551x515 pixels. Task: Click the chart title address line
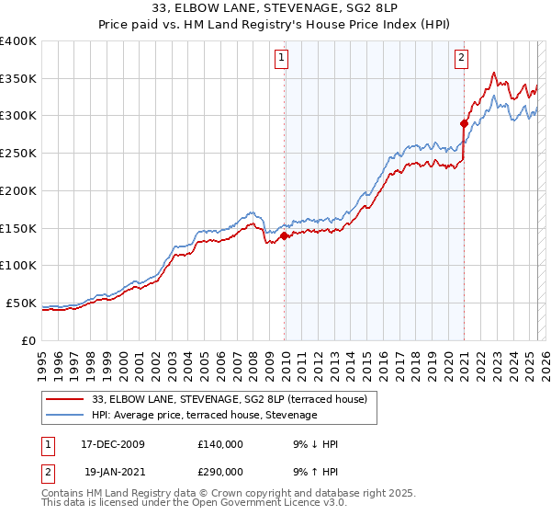[x=275, y=9]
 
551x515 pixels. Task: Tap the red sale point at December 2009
[x=284, y=235]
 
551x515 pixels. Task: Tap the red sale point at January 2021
[x=464, y=123]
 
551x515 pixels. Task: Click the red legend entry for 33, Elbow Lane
[x=230, y=399]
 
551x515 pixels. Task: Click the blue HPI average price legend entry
[x=204, y=416]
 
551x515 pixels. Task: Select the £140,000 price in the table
[x=220, y=444]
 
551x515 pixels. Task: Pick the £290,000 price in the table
[x=220, y=470]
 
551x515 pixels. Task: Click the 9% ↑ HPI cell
[x=315, y=470]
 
